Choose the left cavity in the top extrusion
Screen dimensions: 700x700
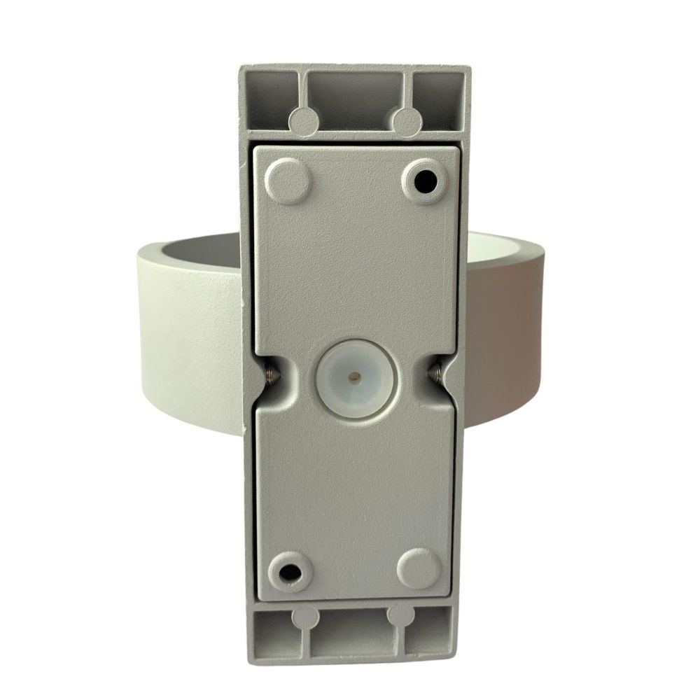click(269, 98)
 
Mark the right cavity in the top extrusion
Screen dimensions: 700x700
click(437, 98)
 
